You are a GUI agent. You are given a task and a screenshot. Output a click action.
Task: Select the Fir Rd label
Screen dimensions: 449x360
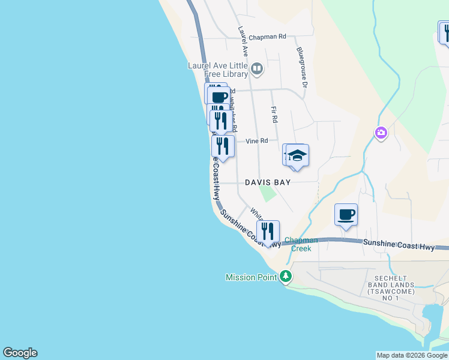coord(274,115)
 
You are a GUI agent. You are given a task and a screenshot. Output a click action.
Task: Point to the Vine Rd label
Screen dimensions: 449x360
coord(256,141)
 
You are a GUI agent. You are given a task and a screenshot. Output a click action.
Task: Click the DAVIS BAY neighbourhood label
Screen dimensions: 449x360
coord(268,182)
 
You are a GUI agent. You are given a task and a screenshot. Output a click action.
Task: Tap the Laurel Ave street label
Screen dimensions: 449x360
coord(243,41)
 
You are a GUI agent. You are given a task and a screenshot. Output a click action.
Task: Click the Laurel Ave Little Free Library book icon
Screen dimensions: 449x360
coord(258,69)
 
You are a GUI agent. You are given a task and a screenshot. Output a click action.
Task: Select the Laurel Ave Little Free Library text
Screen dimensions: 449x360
coord(218,70)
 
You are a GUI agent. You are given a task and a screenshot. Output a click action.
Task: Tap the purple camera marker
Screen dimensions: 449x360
coord(381,133)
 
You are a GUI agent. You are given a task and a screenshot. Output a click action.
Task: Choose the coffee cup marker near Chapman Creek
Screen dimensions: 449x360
coord(346,215)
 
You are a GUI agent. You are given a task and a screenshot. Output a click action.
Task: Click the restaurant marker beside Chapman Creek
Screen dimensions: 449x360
coord(268,231)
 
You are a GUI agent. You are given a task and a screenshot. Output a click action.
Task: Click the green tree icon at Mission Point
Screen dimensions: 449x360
coord(287,277)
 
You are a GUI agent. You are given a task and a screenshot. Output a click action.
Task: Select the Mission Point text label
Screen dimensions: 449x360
coord(251,277)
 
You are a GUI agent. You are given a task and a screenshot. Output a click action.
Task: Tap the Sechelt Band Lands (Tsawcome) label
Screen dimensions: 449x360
coord(394,284)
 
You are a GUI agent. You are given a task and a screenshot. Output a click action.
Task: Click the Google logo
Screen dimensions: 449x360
coord(20,353)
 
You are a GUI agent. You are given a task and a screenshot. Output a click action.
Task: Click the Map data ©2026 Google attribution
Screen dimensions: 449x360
coord(412,355)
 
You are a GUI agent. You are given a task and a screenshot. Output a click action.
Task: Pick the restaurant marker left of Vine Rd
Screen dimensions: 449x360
coord(223,146)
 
